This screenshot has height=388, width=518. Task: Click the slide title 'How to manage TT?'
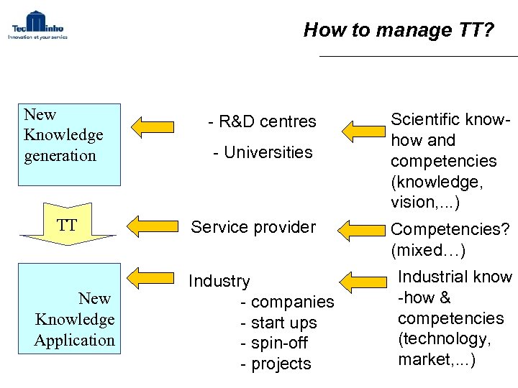(399, 29)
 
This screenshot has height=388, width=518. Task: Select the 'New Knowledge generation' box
(70, 144)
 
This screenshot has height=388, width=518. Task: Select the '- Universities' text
(263, 152)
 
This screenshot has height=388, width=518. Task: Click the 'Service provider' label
(253, 227)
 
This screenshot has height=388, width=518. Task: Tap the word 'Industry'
(219, 282)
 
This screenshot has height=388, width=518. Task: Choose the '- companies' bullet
(287, 302)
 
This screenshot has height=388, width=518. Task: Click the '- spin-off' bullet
(276, 343)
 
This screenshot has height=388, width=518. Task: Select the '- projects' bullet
(276, 364)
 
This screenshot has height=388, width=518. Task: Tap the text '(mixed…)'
(428, 251)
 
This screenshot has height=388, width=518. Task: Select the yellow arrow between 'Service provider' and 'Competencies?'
(364, 231)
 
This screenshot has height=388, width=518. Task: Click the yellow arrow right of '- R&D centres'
(364, 131)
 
